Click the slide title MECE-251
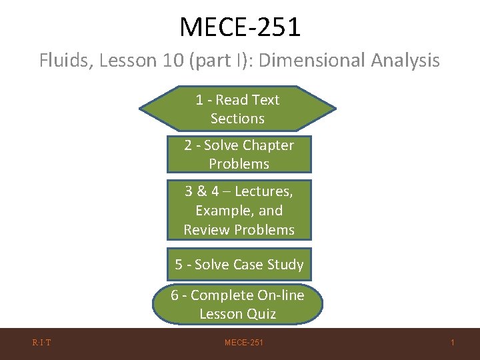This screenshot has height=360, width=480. click(240, 27)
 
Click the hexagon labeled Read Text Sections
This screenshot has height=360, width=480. click(237, 109)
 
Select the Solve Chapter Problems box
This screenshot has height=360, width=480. click(239, 154)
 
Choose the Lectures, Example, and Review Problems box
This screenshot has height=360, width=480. click(239, 210)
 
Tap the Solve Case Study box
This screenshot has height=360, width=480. click(239, 265)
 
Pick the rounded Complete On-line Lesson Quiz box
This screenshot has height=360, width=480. click(237, 304)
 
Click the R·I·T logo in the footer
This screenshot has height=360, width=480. click(42, 343)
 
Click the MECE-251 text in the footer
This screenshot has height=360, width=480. click(243, 343)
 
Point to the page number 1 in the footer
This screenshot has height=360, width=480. click(452, 343)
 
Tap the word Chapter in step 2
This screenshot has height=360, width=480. click(268, 145)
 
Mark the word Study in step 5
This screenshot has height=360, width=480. click(285, 265)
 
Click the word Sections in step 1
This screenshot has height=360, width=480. click(237, 119)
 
